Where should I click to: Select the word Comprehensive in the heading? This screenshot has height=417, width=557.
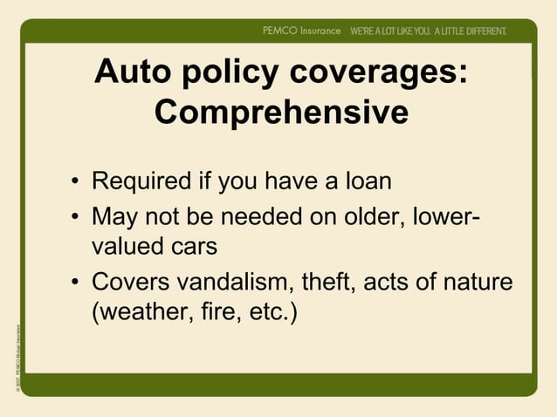coord(280,112)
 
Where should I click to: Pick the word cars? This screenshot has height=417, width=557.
coord(193,247)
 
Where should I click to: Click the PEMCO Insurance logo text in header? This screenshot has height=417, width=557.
coord(301,31)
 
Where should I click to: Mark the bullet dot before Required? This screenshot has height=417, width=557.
coord(77,184)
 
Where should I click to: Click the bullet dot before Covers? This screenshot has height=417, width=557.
coord(77,283)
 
